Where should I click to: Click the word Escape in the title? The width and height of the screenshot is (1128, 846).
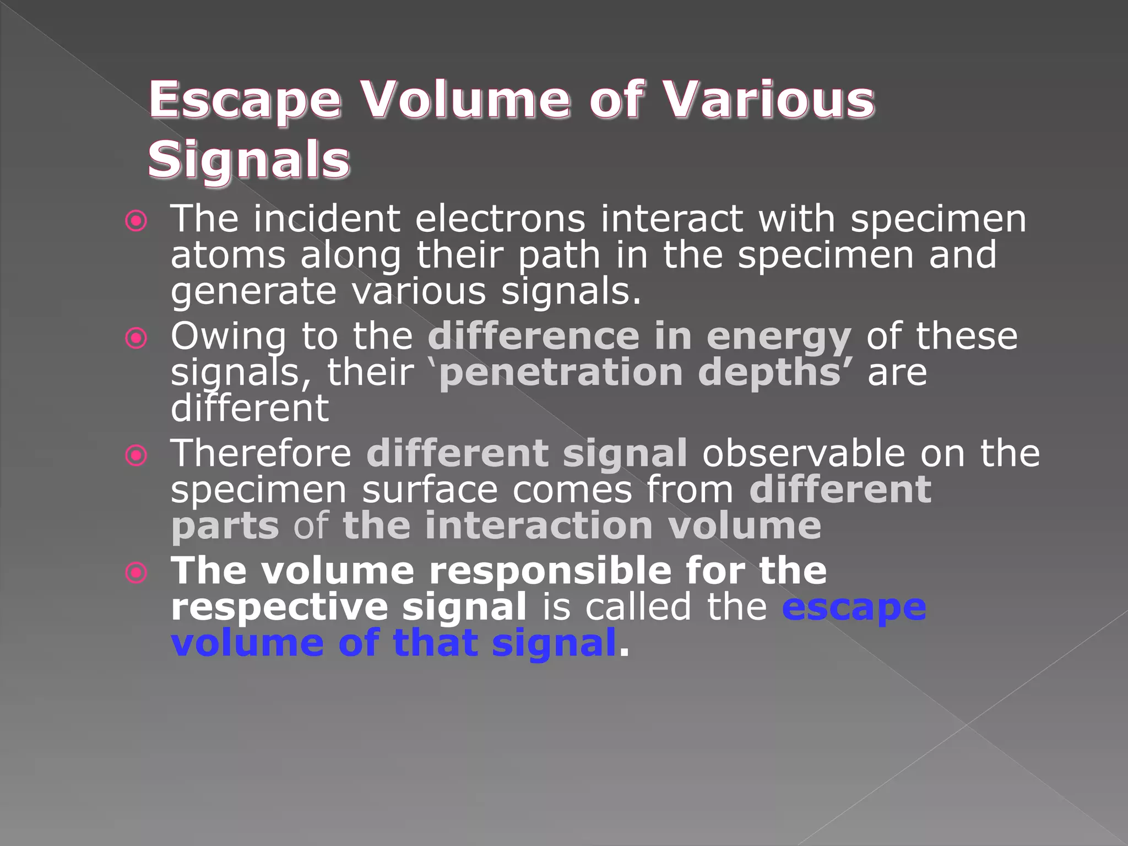pos(245,101)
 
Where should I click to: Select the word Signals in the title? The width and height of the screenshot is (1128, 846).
pos(249,161)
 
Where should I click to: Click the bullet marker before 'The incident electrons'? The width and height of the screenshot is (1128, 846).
pos(136,221)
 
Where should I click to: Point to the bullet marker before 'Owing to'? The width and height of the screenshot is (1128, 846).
pos(136,338)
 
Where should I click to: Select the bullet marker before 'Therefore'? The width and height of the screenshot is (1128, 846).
pos(136,455)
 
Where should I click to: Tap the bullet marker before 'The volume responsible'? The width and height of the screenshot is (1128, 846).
pos(136,572)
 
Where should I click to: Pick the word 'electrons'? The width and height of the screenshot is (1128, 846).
pos(500,219)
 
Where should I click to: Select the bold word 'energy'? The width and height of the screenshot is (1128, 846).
pos(778,338)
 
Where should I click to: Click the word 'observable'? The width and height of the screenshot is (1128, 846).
pos(804,454)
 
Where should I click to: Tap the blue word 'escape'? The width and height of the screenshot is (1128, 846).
pos(854,608)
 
